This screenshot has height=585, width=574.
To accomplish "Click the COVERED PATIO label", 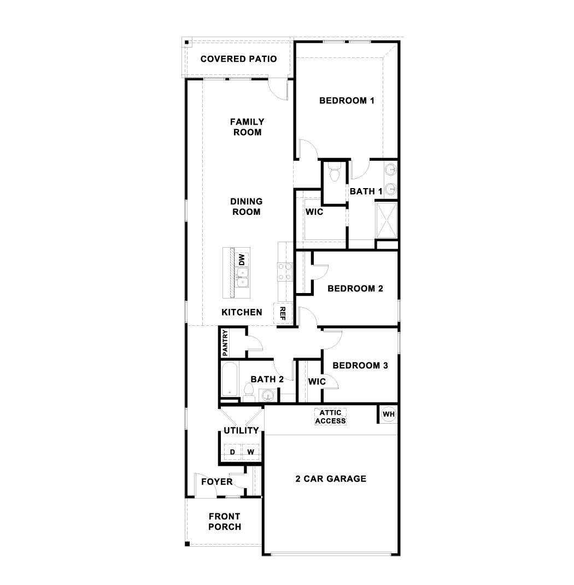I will pos(238,59).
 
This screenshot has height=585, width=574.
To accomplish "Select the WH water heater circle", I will pos(388,414).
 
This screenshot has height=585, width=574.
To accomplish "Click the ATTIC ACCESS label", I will pos(330,417).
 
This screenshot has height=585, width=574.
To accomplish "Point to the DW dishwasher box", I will pos(242,259).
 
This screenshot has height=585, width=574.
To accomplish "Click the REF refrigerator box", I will pos(283,313).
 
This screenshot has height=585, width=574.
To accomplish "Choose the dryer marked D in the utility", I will pos(232,452).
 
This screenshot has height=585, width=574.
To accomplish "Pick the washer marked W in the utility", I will pos(250,452).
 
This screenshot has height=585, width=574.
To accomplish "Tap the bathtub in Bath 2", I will pos(229,379).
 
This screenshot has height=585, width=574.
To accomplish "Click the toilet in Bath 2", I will pos(249,391).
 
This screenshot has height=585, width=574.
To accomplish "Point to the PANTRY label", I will pos(225,342).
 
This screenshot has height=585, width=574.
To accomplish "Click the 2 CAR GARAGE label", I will pos(331,479).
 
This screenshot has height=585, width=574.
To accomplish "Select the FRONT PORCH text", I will pos(225,522).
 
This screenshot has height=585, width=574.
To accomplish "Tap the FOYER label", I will pos(216,482).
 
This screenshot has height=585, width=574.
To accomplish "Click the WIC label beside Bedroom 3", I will pos(317,382).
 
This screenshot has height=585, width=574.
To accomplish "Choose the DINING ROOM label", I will pos(246,207).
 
